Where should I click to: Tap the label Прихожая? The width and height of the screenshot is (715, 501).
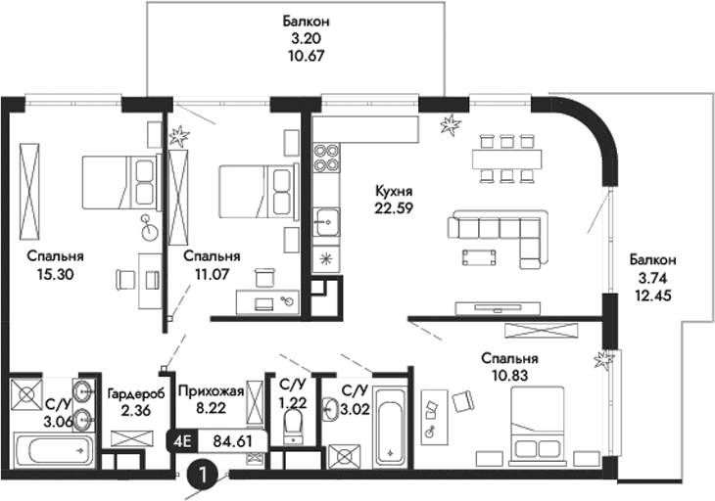click(x=206, y=388)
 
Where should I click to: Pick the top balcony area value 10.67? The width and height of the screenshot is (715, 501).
click(x=302, y=56)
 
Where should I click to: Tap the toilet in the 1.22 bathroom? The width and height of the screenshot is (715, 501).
click(x=292, y=424)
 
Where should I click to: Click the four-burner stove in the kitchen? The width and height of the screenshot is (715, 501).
click(x=326, y=159)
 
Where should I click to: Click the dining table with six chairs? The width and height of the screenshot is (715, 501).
click(x=508, y=158)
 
